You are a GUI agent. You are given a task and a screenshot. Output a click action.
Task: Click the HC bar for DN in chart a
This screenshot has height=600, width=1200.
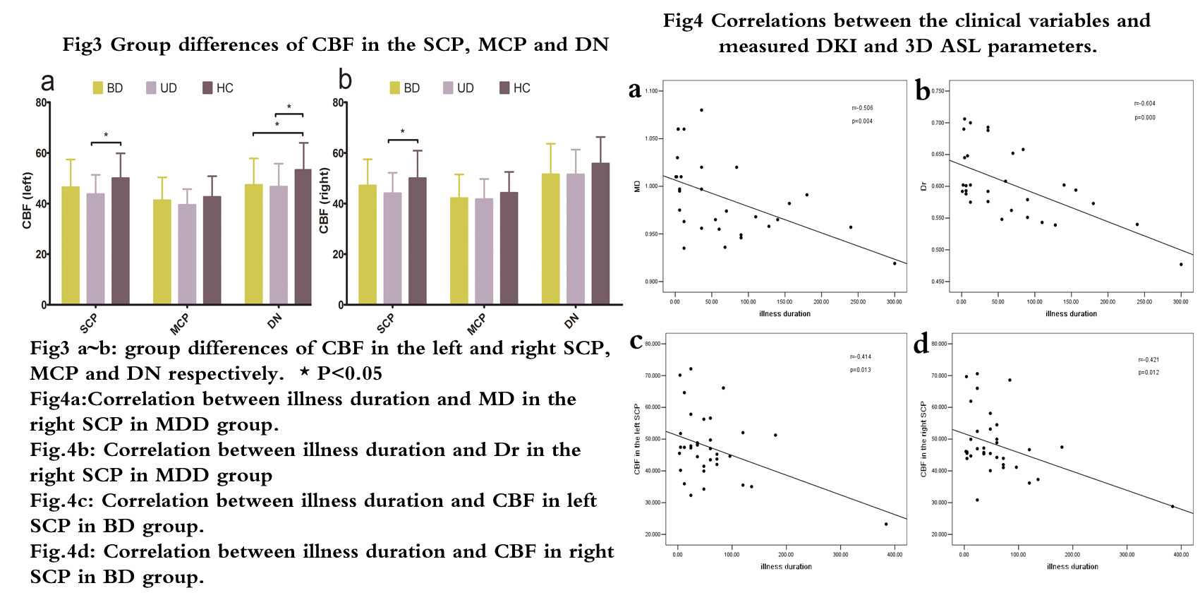point(303,236)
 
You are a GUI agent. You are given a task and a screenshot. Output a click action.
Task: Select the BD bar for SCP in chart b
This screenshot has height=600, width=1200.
point(368,244)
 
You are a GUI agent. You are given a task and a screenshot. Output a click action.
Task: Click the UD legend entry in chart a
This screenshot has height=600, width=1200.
point(162,88)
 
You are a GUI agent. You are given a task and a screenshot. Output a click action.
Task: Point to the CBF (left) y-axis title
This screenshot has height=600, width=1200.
point(28,200)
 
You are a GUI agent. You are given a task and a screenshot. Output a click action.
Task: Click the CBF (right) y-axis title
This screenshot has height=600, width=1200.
point(325,200)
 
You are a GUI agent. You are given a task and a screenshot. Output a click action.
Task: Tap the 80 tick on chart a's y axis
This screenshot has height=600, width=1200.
point(42,103)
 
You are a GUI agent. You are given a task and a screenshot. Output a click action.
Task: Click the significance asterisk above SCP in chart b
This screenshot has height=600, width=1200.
point(403,132)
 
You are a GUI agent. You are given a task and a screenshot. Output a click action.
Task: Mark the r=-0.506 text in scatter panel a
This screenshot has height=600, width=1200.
point(862,108)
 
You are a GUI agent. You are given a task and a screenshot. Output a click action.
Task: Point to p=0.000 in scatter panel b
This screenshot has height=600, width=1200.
point(1145,118)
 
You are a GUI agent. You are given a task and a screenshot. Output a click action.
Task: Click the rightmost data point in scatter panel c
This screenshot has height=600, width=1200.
point(886,524)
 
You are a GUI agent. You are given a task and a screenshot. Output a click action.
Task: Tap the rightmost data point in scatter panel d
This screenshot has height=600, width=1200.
point(1172,506)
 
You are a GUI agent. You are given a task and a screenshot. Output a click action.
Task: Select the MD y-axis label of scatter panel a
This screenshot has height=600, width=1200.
point(638,186)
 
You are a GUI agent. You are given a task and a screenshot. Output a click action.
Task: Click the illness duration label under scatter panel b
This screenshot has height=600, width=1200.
point(1071,314)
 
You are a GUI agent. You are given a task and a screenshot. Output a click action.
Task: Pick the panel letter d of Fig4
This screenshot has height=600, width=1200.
point(921,344)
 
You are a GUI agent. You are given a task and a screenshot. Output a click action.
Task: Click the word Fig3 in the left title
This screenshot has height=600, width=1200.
point(82,45)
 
